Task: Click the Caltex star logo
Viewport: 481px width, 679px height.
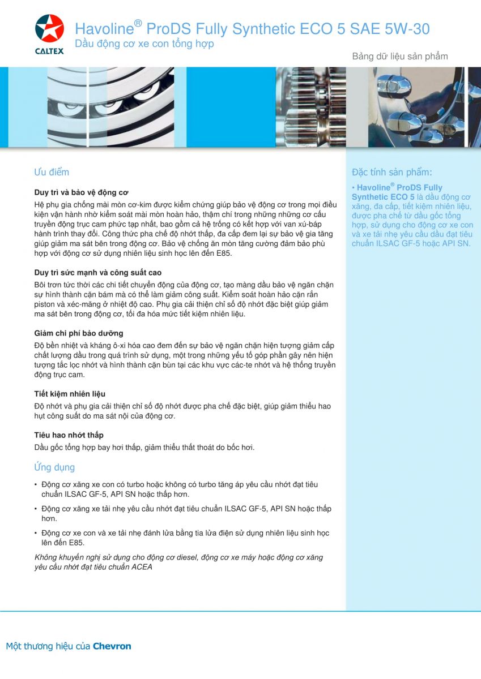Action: click(49, 28)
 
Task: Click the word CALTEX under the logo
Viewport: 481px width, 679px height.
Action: click(49, 51)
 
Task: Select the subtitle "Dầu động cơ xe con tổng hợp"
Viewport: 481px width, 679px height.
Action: click(144, 44)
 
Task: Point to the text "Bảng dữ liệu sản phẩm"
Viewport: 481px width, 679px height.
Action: click(400, 56)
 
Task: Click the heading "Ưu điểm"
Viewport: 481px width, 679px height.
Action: click(52, 172)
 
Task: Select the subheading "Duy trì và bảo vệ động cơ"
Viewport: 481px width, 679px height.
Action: click(81, 192)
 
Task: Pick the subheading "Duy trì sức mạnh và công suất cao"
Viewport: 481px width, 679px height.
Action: click(97, 273)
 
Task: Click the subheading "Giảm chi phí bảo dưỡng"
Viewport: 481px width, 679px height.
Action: click(78, 333)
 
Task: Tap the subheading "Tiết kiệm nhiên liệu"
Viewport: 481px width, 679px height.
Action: click(70, 394)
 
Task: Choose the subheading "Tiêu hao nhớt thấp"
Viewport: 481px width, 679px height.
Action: click(69, 435)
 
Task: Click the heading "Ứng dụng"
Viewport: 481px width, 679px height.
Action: click(54, 467)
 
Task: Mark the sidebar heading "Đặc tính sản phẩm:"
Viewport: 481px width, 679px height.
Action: click(391, 172)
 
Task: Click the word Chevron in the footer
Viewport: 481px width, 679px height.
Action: click(112, 646)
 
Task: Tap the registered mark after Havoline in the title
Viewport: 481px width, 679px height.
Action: click(138, 23)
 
